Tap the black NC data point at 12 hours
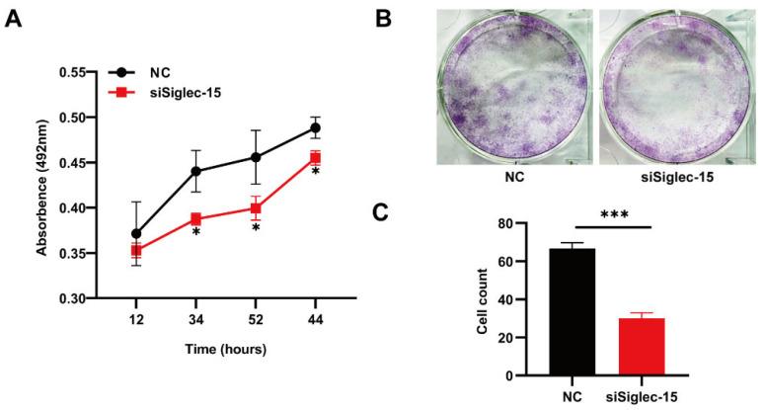(135, 234)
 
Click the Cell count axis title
(486, 300)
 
